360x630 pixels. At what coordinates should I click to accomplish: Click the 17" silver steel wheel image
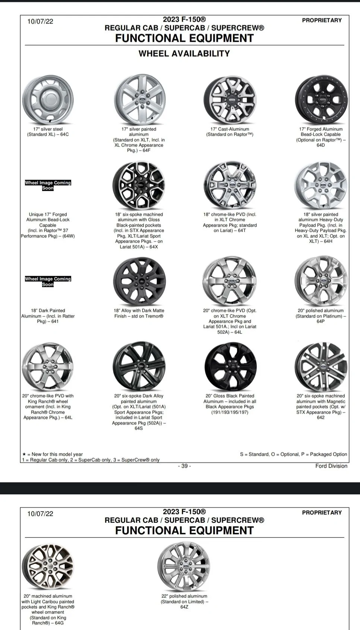(48, 100)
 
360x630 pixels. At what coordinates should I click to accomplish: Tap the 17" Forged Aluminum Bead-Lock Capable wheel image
(321, 100)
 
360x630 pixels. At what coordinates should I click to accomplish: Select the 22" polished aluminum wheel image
(184, 566)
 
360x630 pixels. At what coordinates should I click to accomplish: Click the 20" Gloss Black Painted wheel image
(230, 366)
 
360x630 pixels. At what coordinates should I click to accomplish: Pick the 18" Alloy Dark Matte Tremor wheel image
(139, 281)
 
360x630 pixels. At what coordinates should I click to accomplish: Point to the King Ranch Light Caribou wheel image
(48, 566)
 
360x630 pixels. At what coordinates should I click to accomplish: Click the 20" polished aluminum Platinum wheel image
(321, 281)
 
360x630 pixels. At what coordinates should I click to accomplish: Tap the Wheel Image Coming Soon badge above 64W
(48, 185)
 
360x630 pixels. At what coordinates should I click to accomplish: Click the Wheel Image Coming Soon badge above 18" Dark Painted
(48, 281)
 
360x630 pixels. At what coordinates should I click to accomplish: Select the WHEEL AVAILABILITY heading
(184, 54)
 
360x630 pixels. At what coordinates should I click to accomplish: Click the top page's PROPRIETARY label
(322, 20)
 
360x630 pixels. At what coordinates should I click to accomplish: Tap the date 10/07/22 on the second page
(40, 514)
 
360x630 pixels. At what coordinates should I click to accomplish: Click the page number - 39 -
(184, 466)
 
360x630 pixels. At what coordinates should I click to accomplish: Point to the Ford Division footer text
(331, 466)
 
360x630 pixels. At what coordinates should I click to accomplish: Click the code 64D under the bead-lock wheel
(320, 145)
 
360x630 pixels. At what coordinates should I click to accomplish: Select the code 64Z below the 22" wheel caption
(184, 607)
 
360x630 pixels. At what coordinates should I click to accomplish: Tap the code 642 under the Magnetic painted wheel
(320, 418)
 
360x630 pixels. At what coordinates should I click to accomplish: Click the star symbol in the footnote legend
(24, 454)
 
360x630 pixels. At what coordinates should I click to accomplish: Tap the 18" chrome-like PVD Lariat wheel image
(230, 185)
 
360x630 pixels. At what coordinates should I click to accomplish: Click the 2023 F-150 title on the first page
(184, 20)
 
